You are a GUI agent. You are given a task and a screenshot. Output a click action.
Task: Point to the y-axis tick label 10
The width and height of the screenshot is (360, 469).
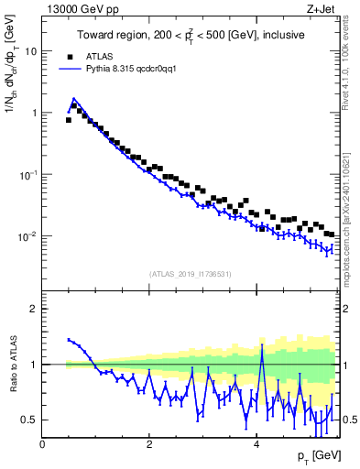31,51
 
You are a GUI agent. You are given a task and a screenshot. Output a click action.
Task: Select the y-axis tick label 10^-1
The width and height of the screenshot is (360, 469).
29,174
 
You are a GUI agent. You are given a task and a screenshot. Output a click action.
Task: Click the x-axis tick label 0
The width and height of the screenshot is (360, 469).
43,443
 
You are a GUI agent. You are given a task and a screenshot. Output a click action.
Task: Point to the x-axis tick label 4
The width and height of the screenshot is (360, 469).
256,443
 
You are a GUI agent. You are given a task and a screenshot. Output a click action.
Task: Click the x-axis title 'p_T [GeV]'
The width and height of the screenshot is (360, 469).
317,456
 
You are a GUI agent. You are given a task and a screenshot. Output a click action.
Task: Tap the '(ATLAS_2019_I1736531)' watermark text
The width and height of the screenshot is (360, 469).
190,274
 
